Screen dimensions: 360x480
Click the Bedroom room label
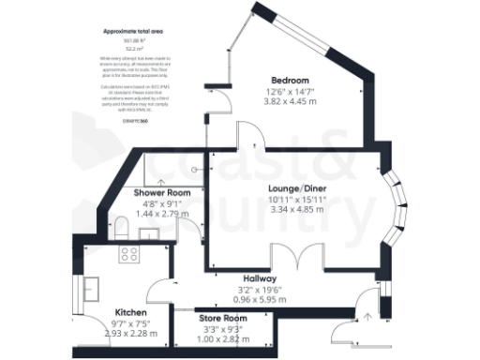tap(291, 80)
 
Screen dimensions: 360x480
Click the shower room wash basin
tap(192, 172)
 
